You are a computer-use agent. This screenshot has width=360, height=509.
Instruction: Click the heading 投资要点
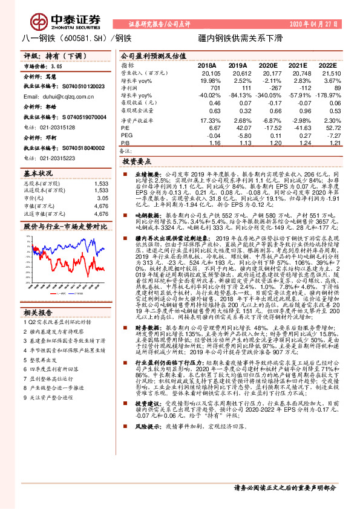[x=136, y=163]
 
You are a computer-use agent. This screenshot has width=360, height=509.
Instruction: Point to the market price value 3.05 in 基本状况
[x=103, y=197]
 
